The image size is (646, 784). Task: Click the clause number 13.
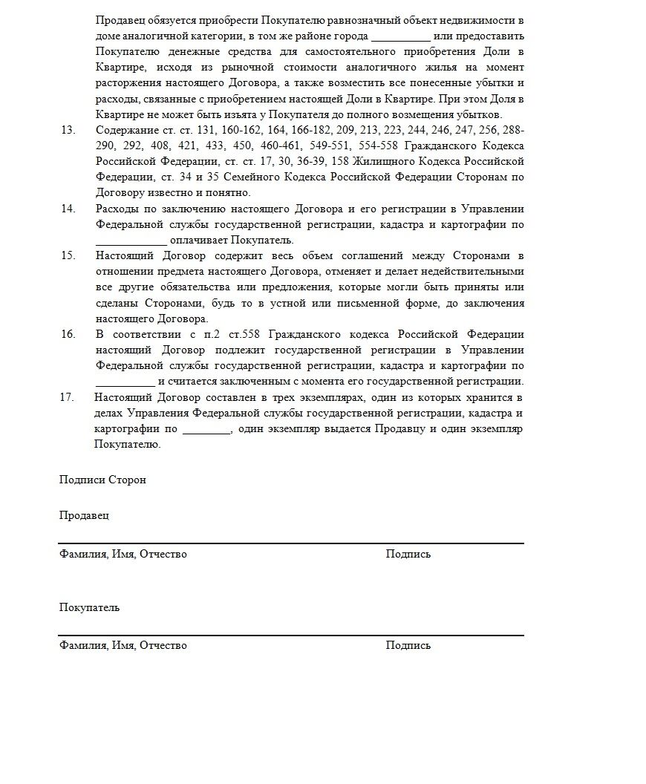(68, 130)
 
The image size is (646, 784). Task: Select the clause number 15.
(68, 255)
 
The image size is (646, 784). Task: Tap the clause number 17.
(68, 397)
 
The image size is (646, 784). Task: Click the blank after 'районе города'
(399, 36)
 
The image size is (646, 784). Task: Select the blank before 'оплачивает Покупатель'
(131, 241)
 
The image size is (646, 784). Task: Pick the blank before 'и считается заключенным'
(125, 382)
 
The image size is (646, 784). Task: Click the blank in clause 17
(206, 429)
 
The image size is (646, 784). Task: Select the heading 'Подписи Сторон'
(102, 480)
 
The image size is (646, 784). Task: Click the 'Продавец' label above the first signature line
(84, 515)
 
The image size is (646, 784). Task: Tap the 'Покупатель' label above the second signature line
(89, 607)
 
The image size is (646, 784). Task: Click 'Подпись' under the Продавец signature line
(408, 554)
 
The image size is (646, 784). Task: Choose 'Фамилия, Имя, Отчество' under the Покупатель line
(123, 645)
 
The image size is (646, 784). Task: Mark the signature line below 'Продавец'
(291, 543)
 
